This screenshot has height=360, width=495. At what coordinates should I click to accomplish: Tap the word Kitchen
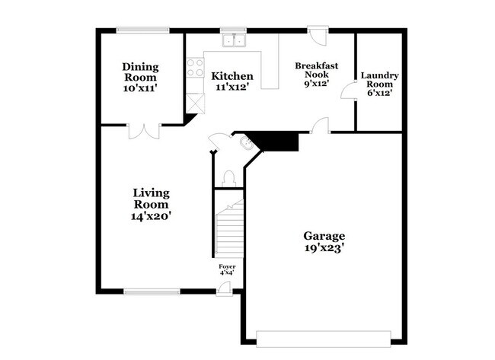coord(232,76)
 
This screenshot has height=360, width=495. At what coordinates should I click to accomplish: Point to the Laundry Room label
coord(379,79)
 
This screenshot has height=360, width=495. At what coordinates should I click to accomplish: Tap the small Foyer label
coord(227,266)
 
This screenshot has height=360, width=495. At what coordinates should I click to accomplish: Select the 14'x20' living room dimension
coord(151,216)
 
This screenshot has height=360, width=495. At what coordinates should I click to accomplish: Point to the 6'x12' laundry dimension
coord(379,93)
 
